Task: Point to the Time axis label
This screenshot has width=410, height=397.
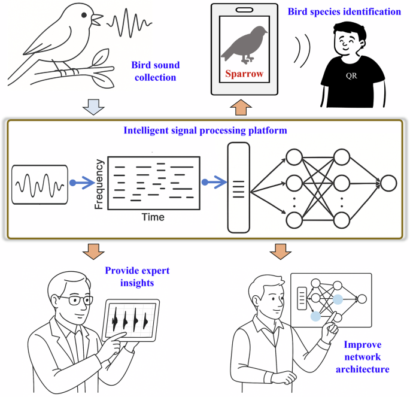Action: pos(153,216)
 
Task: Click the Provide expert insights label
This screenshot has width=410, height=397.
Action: pos(137,276)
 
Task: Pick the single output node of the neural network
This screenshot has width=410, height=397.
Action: pos(388,183)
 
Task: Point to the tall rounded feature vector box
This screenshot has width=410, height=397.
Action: pos(238,187)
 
